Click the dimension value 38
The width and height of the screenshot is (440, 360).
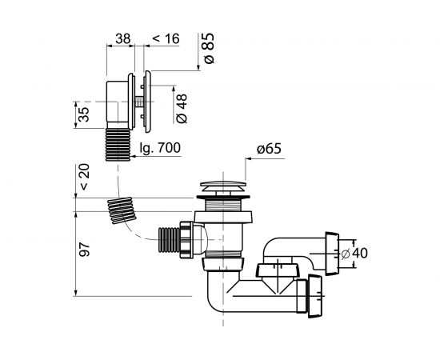(123, 38)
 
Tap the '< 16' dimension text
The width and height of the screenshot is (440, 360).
(166, 38)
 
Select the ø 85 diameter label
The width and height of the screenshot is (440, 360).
(209, 48)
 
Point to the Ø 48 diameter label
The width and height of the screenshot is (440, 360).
(182, 109)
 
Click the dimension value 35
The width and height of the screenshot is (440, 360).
(83, 114)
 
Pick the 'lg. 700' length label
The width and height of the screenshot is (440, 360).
(160, 147)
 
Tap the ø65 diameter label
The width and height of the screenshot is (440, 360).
(269, 149)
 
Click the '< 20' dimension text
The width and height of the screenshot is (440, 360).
(84, 177)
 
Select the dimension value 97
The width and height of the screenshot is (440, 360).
(84, 250)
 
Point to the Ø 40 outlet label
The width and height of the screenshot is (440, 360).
(354, 254)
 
